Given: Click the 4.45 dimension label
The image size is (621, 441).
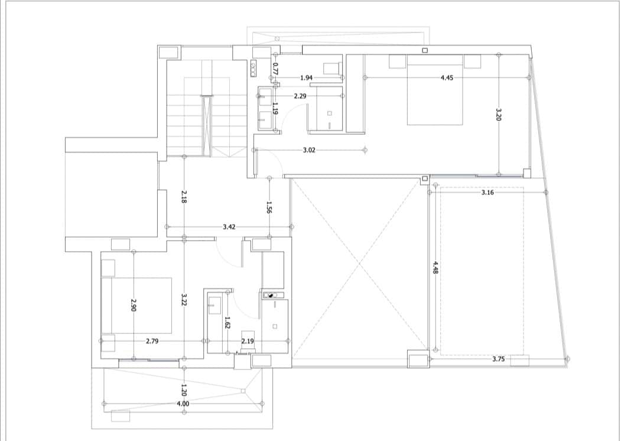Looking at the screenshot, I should tap(447, 77).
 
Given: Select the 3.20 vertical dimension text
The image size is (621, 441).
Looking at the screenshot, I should tap(498, 114).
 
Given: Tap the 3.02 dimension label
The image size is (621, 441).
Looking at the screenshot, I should tap(308, 150).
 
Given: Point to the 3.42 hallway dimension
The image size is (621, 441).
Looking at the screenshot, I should tap(230, 226).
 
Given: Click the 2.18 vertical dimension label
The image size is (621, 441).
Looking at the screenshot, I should tap(184, 196).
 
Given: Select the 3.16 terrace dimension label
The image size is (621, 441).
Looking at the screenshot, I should tap(487, 193).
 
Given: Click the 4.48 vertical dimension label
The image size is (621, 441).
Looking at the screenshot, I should tap(435, 267).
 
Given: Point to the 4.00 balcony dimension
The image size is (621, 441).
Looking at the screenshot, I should tap(183, 404).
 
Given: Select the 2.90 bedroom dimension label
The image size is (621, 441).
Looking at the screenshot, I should tap(134, 305).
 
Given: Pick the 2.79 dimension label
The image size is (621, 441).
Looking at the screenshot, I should tap(152, 341).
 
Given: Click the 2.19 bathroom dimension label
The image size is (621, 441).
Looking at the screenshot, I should tap(248, 341).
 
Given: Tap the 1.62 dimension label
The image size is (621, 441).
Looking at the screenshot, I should tap(226, 323).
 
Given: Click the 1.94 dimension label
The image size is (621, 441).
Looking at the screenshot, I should tap(306, 77).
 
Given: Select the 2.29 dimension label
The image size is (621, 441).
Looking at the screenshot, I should tap(300, 95).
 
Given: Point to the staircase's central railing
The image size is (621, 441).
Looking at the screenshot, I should tap(206, 124).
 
